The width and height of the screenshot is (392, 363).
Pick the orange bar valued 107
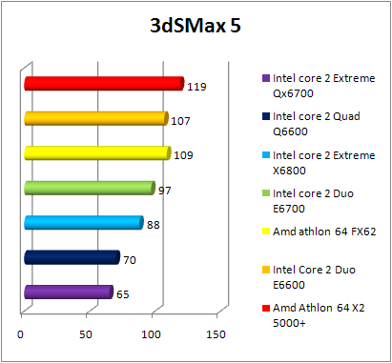pos(95,118)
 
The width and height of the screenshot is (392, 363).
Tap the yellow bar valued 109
pos(96,153)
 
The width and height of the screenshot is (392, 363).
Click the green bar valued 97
pos(89,188)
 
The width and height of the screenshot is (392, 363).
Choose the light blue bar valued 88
pos(83,223)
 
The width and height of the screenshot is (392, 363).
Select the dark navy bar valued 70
pos(72,257)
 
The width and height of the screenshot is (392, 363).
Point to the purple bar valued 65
pos(68,292)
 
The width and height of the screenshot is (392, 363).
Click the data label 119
pos(197,87)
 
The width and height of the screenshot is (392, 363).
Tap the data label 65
pos(122,294)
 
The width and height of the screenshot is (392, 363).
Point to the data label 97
pos(165,191)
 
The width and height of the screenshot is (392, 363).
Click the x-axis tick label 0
pos(21,333)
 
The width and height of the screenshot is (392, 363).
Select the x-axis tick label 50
pos(86,333)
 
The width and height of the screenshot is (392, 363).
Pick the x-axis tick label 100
pos(151,333)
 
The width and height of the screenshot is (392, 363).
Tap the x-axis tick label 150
pos(216,333)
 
